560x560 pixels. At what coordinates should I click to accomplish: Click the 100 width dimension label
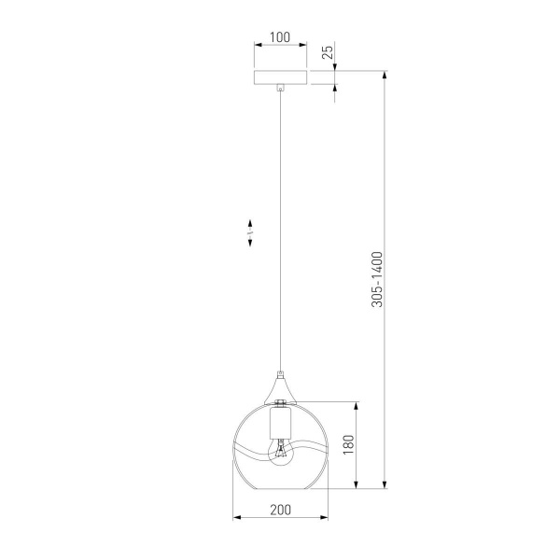pyautogui.click(x=280, y=38)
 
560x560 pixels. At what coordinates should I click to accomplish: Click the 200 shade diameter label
pyautogui.click(x=280, y=510)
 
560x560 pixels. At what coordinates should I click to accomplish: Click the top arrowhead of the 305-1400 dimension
pyautogui.click(x=385, y=73)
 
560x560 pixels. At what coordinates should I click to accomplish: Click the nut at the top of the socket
pyautogui.click(x=280, y=401)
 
